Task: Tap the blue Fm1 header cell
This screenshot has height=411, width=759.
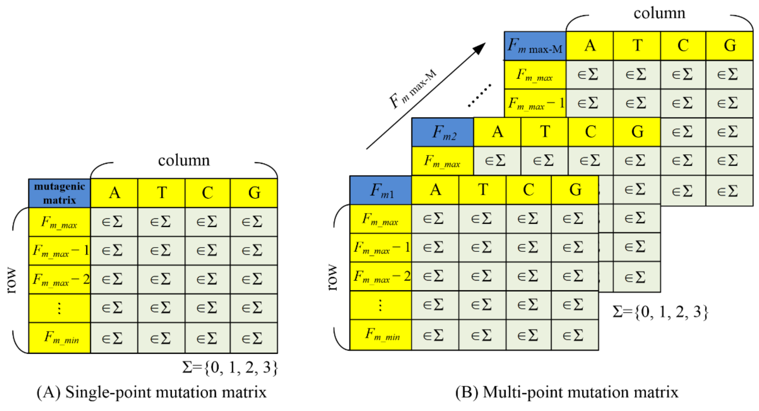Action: pyautogui.click(x=381, y=190)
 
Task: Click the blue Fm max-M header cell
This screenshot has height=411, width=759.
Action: pyautogui.click(x=535, y=46)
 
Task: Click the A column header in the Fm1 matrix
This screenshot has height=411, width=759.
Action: pyautogui.click(x=435, y=190)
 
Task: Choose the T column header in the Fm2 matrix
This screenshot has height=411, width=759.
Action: pyautogui.click(x=545, y=132)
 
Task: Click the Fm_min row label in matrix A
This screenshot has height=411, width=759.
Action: pyautogui.click(x=60, y=338)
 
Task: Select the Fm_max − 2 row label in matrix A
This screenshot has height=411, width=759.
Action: pyautogui.click(x=60, y=280)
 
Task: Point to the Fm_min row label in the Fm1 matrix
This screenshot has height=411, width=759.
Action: pyautogui.click(x=381, y=335)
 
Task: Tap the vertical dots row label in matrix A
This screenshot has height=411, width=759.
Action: pyautogui.click(x=60, y=308)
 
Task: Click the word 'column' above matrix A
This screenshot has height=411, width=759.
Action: pyautogui.click(x=184, y=161)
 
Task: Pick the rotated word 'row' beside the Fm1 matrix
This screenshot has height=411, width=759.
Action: pyautogui.click(x=332, y=278)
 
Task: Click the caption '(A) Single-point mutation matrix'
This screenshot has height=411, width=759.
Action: pyautogui.click(x=151, y=392)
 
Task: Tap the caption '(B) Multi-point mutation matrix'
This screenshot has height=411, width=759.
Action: pyautogui.click(x=567, y=392)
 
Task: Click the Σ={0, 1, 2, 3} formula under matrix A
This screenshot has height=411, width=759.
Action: pyautogui.click(x=230, y=367)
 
